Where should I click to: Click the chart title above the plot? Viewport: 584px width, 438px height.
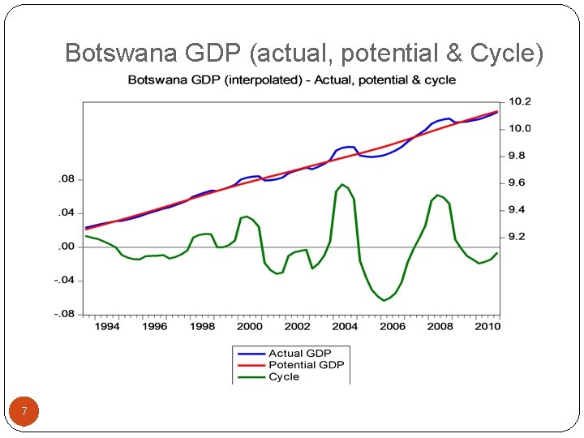click(291, 79)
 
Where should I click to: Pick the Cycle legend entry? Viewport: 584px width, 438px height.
click(284, 376)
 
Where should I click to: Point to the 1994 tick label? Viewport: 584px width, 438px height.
click(107, 326)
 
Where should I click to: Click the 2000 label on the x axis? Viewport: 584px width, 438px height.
click(250, 326)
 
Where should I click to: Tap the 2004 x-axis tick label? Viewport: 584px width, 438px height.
click(345, 326)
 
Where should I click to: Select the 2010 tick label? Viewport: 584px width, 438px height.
click(487, 326)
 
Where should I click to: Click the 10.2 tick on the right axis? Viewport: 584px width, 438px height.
click(519, 101)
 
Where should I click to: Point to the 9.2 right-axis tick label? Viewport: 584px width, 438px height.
click(516, 237)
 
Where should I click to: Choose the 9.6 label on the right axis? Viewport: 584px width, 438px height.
click(516, 182)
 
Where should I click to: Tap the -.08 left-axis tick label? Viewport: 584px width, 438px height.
click(64, 314)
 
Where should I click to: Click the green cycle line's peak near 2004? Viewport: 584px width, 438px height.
click(342, 185)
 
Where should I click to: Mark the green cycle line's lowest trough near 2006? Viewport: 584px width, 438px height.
click(384, 300)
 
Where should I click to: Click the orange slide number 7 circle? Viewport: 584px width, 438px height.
click(24, 412)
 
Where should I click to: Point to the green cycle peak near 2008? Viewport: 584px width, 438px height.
click(437, 195)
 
